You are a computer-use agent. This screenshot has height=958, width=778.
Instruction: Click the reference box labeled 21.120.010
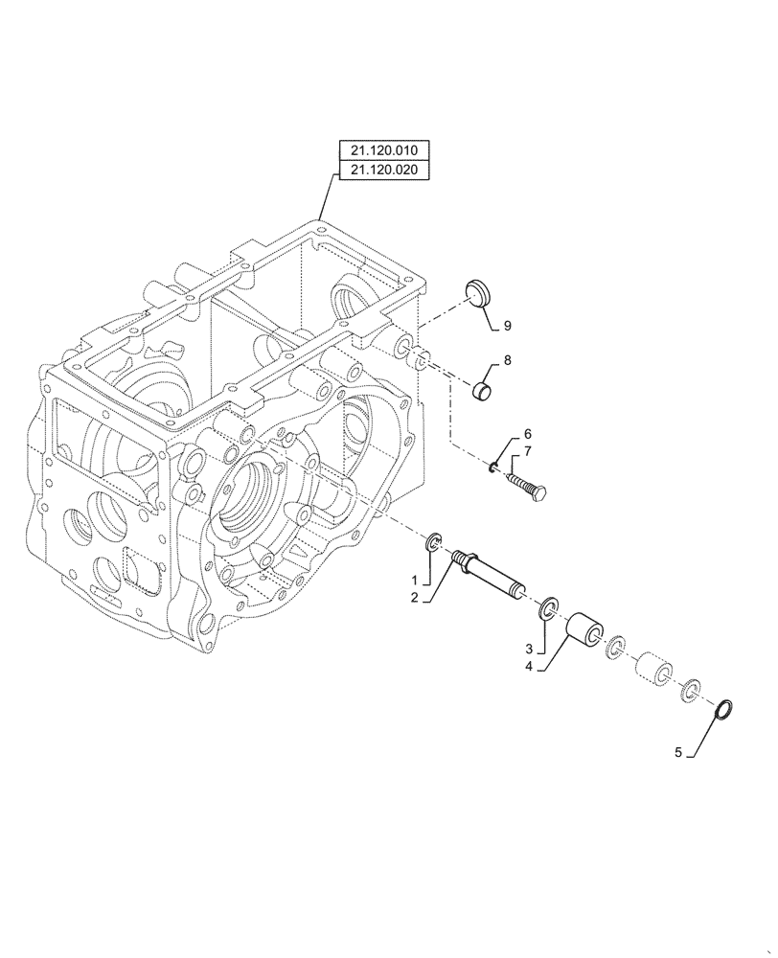(x=383, y=150)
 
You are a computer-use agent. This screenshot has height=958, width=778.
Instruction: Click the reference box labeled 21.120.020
(x=383, y=171)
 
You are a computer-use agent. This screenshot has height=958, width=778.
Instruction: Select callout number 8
(x=507, y=361)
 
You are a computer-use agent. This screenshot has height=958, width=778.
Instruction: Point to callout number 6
(x=527, y=434)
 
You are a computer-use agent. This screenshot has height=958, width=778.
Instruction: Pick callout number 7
(x=527, y=450)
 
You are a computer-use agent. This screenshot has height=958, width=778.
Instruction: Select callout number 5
(x=680, y=753)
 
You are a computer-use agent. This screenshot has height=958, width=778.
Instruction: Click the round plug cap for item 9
(x=475, y=290)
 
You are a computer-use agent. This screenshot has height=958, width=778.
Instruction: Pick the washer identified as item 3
(x=549, y=606)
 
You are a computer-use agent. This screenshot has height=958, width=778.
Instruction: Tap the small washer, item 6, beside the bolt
(x=493, y=467)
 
